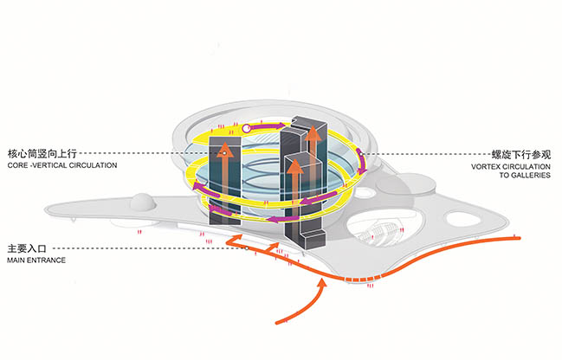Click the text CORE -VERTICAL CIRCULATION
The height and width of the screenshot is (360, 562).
click(61, 165)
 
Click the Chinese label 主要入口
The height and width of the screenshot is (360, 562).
click(27, 247)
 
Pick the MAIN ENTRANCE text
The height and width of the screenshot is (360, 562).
click(37, 260)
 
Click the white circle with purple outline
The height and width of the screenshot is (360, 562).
click(247, 130)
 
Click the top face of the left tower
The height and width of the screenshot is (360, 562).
click(224, 141)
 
